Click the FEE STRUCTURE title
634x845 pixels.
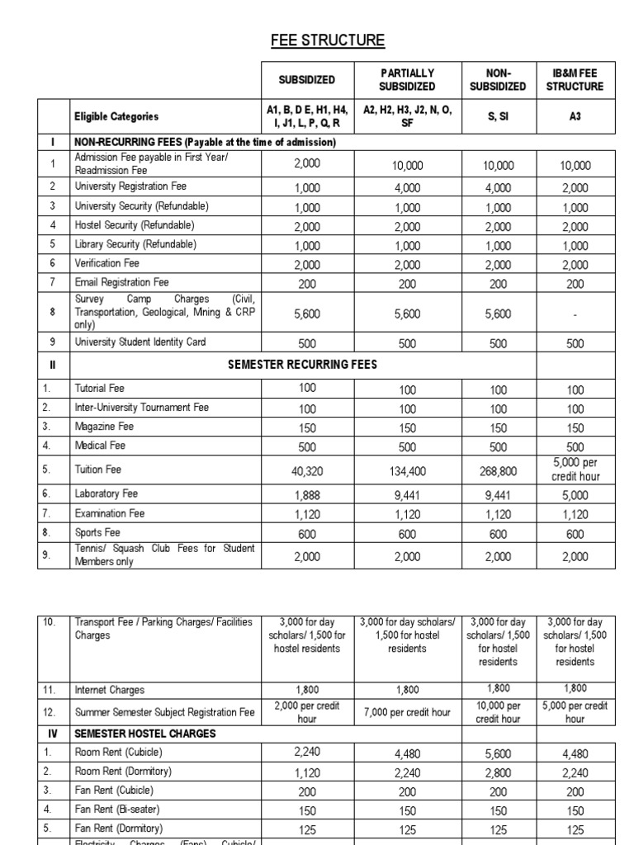pos(317,40)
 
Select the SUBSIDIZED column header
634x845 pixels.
pos(306,80)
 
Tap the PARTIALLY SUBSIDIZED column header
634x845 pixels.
pos(406,80)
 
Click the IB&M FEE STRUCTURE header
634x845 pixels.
pos(575,80)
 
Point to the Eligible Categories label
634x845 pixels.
pos(116,117)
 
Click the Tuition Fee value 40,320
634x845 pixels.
pos(306,470)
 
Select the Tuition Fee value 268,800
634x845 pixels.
pos(497,470)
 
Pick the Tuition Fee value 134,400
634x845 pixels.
pos(406,470)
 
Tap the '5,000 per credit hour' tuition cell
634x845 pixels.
pos(575,470)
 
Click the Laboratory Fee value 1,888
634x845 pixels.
pos(306,494)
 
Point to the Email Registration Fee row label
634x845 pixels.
pos(121,282)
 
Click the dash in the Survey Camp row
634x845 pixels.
pos(575,314)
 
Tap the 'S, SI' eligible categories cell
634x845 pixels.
pos(497,117)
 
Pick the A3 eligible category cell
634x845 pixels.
pos(575,117)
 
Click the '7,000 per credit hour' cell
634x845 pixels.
pos(406,712)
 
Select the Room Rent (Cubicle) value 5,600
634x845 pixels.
pos(497,753)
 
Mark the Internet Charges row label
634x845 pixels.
pos(110,690)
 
